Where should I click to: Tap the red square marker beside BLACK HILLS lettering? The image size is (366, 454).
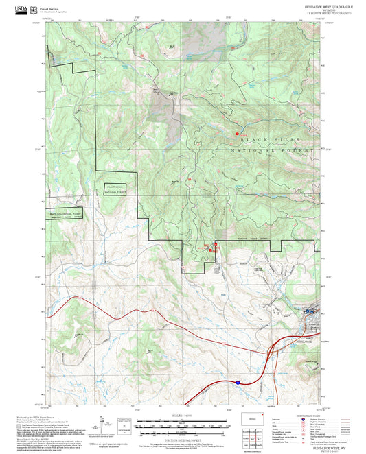pyautogui.click(x=238, y=133)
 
